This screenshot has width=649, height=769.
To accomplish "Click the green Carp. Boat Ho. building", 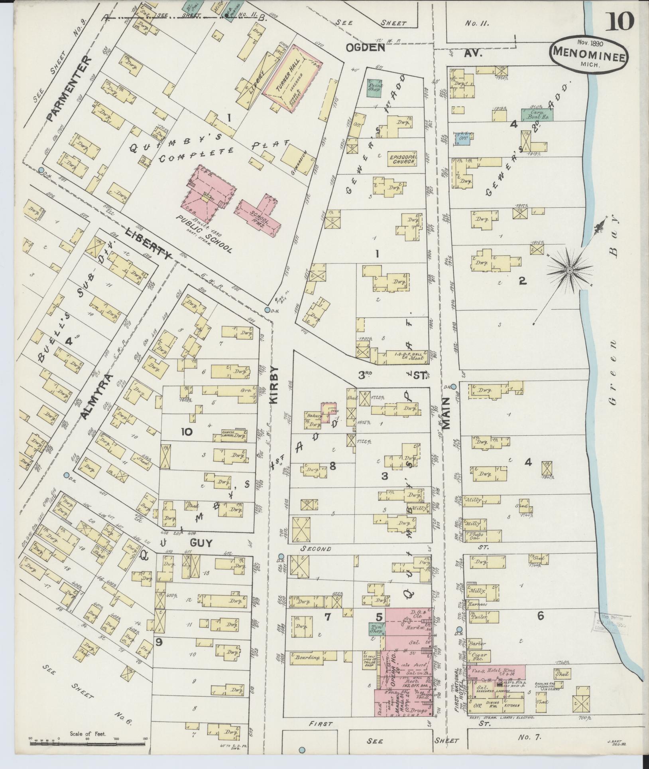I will coord(537,115).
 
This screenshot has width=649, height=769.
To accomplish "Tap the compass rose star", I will coord(570,271).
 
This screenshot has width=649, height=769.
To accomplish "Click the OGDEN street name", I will coord(365,47).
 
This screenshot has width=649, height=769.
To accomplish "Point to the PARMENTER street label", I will coord(67,89).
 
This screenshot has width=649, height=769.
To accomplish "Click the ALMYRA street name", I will coord(94,397).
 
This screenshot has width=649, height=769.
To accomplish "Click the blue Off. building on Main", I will coord(464,137).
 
